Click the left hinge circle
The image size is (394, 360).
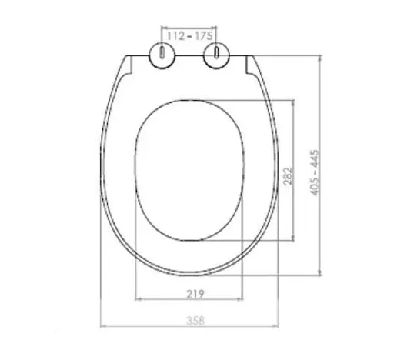coord(163,55)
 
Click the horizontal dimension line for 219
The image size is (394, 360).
coord(189,299)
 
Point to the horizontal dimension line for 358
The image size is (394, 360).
coord(189,325)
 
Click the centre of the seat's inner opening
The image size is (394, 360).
coord(189,171)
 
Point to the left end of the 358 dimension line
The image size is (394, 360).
coord(102,325)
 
